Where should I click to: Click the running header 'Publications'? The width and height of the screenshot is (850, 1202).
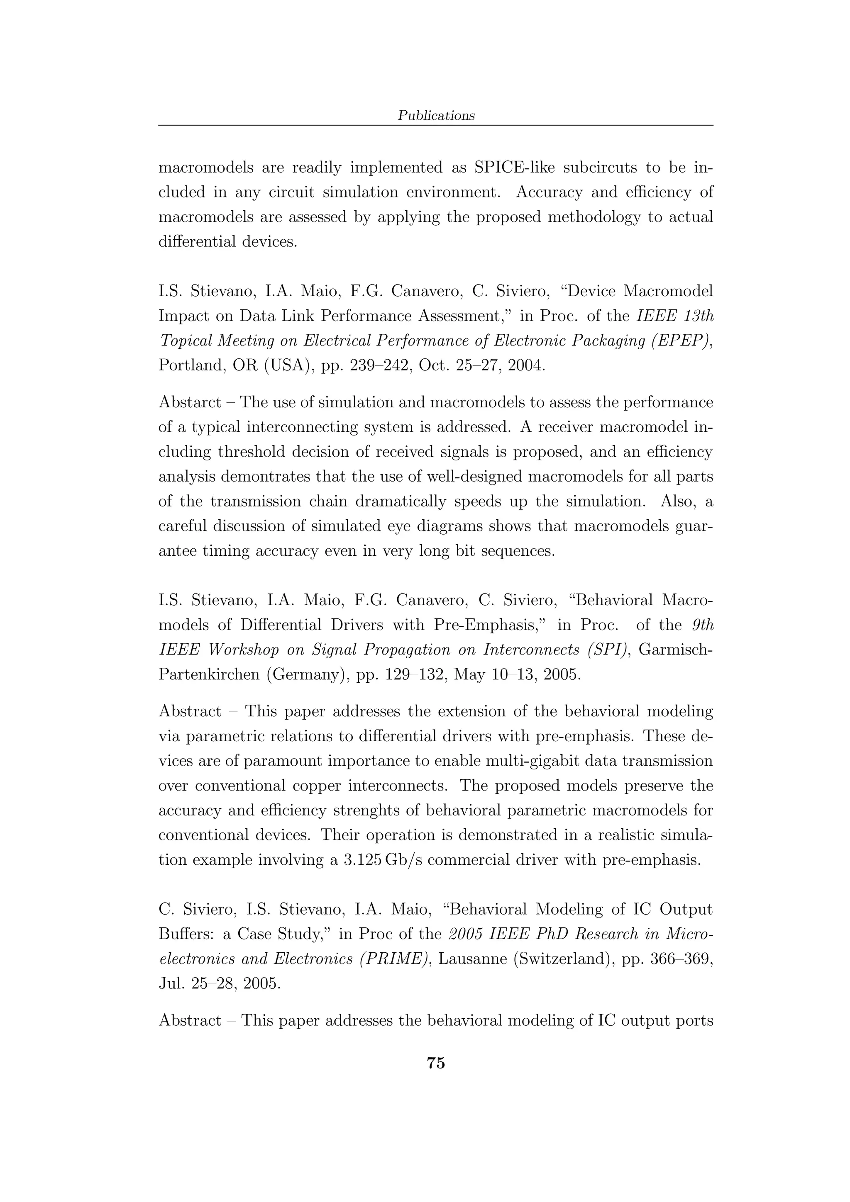(436, 116)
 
